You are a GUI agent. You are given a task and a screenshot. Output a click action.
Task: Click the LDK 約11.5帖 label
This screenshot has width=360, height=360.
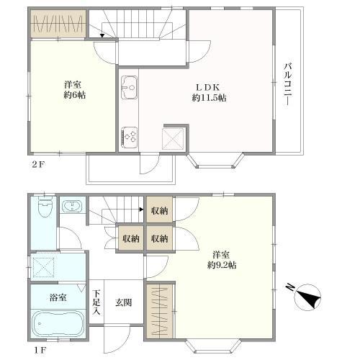(x=209, y=92)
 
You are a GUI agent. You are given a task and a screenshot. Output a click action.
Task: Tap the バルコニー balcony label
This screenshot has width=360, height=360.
(x=287, y=84)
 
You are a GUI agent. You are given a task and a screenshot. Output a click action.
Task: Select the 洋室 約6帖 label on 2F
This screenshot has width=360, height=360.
(x=74, y=90)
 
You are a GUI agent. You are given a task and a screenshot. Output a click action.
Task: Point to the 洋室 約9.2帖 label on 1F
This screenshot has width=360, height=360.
(x=222, y=260)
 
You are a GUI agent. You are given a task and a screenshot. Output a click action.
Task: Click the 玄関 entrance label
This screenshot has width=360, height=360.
(x=123, y=302)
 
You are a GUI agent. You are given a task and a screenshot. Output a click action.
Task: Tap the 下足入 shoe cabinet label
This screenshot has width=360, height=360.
(x=96, y=302)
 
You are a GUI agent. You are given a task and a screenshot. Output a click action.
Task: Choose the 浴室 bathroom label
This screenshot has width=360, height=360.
(x=58, y=297)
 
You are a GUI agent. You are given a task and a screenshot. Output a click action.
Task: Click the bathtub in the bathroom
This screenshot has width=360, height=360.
(x=58, y=324)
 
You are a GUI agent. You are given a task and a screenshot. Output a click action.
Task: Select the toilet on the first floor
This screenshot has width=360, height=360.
(x=45, y=207)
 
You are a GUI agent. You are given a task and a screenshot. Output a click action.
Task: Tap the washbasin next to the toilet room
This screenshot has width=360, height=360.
(x=72, y=206)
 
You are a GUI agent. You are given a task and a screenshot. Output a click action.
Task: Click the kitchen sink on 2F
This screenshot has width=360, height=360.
(x=129, y=87)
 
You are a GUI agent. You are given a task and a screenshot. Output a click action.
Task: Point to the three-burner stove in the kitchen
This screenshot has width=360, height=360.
(x=129, y=138)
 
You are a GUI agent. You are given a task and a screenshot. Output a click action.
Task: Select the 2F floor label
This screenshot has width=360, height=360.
(x=38, y=164)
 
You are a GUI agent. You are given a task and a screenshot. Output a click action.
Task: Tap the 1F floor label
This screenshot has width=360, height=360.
(x=40, y=350)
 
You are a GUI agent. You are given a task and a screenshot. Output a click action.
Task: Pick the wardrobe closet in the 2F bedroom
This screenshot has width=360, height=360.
(x=58, y=24)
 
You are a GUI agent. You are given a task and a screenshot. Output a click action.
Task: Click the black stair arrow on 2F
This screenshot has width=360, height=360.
(x=102, y=36)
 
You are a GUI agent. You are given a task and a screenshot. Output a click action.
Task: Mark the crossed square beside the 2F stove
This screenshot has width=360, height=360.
(x=173, y=139)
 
